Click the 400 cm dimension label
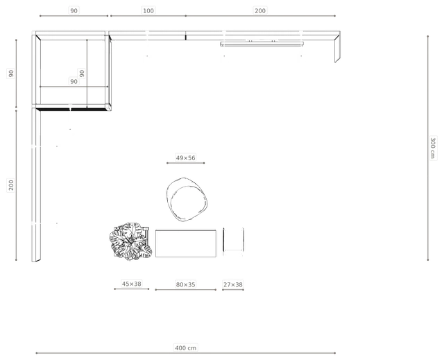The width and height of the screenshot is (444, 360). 185,348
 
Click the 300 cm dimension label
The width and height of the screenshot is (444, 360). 433,148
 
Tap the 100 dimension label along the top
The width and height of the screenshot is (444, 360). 148,11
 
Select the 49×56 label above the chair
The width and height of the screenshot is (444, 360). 185,157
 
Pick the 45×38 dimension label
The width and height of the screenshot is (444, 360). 131,284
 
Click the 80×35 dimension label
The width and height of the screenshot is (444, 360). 185,284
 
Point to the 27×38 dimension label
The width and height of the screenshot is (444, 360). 233,284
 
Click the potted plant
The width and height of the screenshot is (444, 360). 130,241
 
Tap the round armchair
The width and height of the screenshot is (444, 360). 187,199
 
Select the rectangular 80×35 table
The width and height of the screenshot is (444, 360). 186,243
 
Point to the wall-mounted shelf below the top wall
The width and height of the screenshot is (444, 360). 262,44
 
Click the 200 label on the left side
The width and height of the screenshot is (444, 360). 11,185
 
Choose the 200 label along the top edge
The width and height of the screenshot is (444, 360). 260,11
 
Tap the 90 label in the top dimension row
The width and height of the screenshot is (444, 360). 74,11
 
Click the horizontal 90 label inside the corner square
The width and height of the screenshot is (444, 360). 74,82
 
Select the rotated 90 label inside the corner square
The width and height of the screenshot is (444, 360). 82,74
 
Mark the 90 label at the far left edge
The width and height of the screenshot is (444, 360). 11,74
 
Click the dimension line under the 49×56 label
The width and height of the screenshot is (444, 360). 185,163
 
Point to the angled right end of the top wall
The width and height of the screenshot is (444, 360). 337,48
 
